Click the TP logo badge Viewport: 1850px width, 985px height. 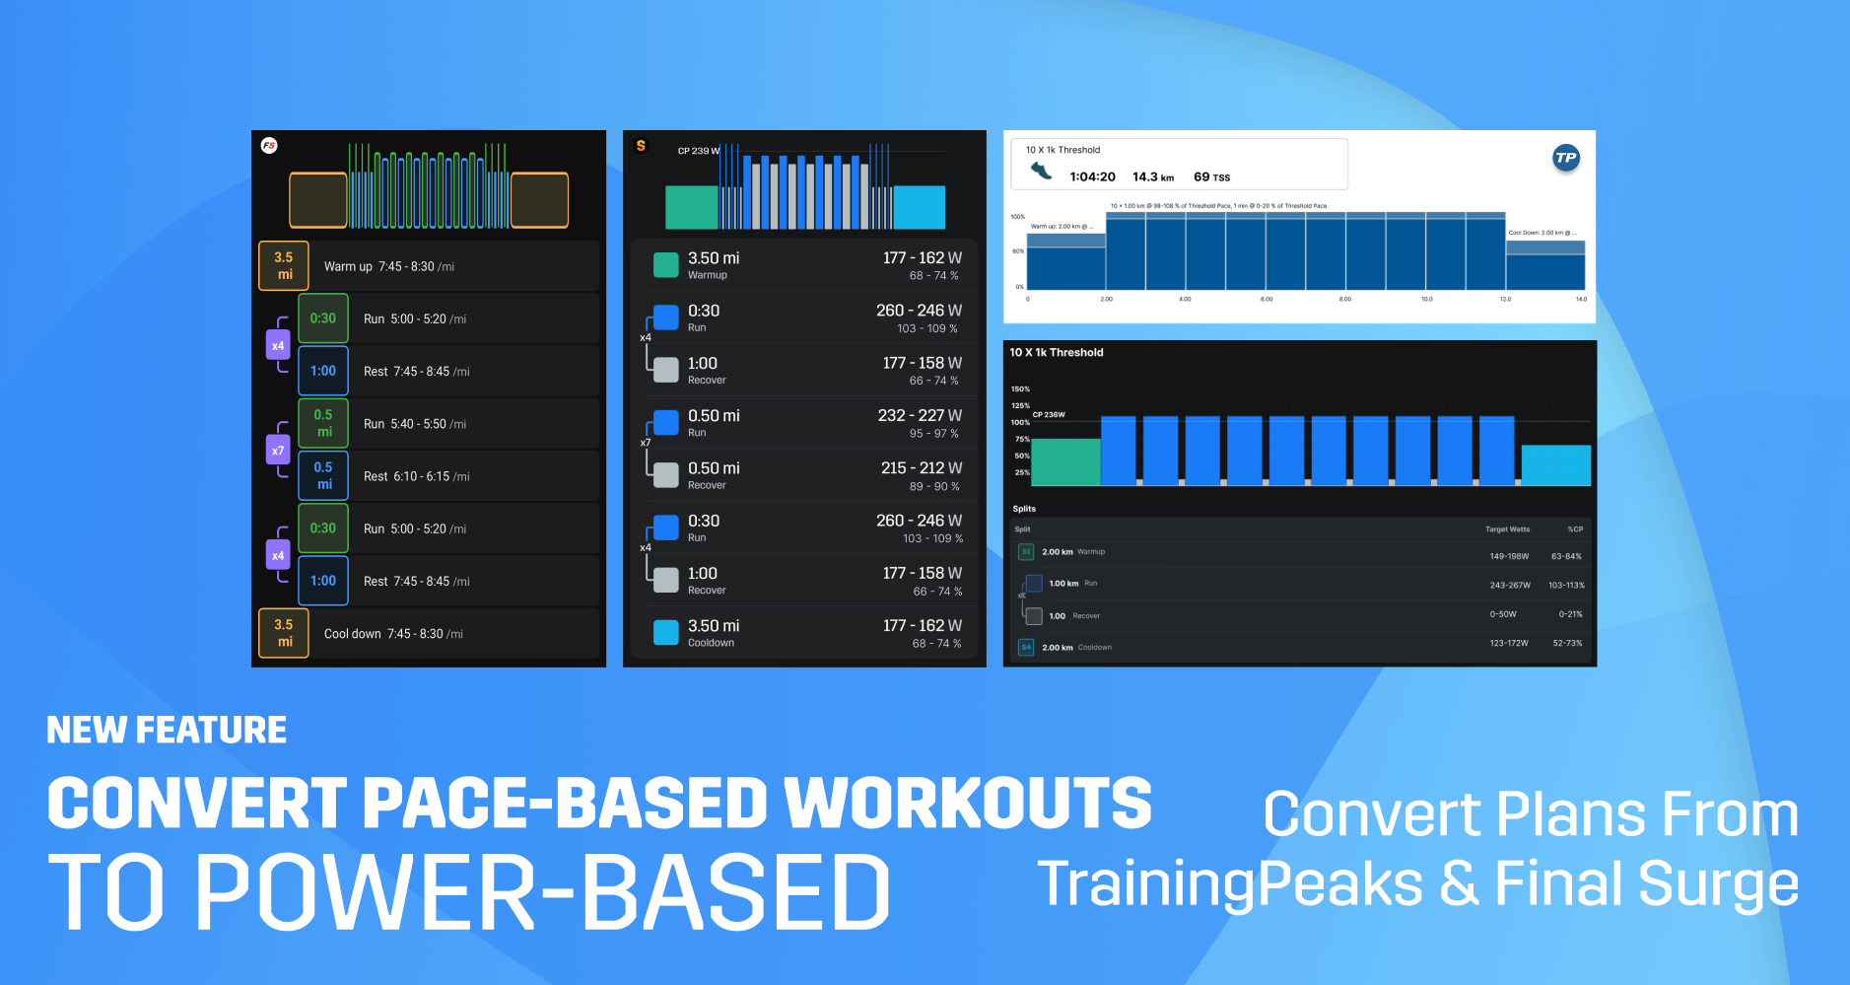pos(1565,158)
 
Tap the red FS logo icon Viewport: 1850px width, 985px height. pos(269,146)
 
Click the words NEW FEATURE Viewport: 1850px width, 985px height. pos(167,730)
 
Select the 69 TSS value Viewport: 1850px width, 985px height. pos(1211,177)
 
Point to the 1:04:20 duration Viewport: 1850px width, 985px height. pos(1092,177)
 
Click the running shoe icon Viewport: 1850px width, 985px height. pos(1041,171)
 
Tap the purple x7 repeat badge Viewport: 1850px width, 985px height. pos(278,451)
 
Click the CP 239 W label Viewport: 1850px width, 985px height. pos(698,151)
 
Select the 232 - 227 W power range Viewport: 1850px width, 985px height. pos(920,416)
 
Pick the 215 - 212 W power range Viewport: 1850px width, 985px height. pos(922,468)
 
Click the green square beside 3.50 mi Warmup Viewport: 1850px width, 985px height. pos(666,264)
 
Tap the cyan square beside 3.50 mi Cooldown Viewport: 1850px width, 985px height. pos(666,632)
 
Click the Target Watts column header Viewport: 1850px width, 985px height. pos(1507,529)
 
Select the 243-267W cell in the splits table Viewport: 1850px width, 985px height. pos(1510,586)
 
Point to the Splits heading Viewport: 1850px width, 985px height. pos(1024,509)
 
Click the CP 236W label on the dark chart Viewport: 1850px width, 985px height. pos(1049,415)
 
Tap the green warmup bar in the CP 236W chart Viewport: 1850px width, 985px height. pos(1065,461)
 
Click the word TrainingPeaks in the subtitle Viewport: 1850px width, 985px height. pos(1229,883)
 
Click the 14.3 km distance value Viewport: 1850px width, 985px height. pos(1152,177)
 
